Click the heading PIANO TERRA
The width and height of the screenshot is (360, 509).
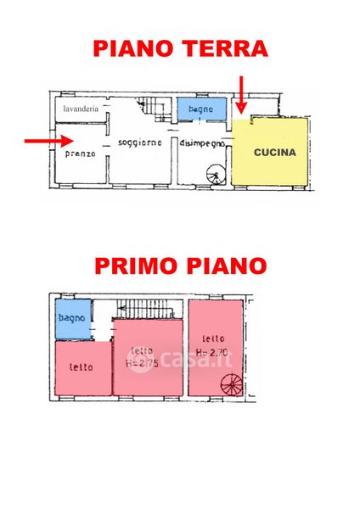click(x=180, y=48)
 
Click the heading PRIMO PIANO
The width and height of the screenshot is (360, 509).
click(x=181, y=266)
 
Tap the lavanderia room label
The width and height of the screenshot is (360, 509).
click(x=81, y=109)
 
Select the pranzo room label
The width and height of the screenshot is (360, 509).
click(x=81, y=154)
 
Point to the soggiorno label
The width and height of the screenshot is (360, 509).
click(x=140, y=143)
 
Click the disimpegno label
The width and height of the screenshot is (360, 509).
click(x=202, y=143)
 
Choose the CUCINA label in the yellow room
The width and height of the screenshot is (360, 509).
click(x=275, y=152)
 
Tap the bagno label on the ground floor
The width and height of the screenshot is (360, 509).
click(x=200, y=109)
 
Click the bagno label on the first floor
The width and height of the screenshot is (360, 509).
click(x=72, y=318)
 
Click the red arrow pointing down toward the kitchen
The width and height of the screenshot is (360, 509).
click(x=241, y=95)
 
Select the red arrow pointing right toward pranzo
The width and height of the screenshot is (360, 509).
click(x=48, y=141)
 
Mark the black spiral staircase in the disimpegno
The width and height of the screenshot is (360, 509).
click(x=216, y=175)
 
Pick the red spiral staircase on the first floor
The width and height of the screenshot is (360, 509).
click(x=232, y=385)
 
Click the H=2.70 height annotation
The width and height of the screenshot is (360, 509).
click(x=212, y=353)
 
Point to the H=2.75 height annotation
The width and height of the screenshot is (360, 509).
click(x=142, y=363)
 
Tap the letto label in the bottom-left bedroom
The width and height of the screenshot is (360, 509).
click(x=82, y=367)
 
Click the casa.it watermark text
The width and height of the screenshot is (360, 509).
click(x=179, y=360)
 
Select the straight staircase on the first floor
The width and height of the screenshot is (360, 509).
click(x=145, y=309)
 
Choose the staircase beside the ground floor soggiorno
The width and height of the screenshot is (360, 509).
click(x=154, y=109)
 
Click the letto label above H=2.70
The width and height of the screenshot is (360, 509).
click(x=213, y=338)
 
